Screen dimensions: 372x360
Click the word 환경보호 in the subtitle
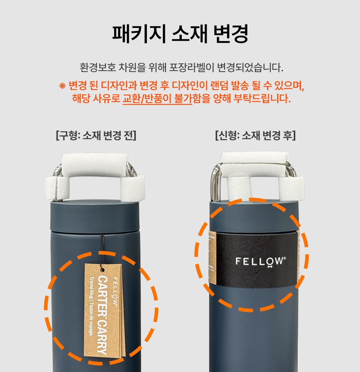96,67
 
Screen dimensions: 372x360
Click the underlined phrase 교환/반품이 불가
157,98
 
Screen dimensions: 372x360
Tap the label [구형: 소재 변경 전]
96,136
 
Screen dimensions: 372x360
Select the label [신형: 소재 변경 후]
255,136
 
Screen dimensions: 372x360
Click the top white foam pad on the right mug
255,157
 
